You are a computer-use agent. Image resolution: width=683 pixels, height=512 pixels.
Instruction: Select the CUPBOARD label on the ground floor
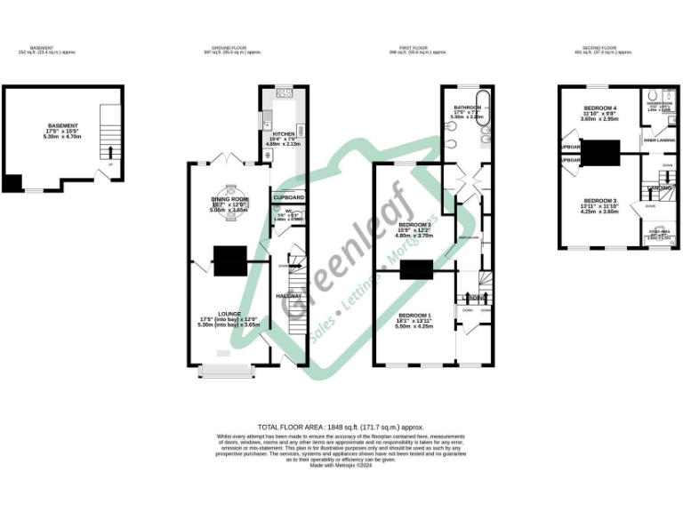(x=289, y=197)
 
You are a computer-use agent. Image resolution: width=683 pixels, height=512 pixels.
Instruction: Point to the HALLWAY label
(x=290, y=295)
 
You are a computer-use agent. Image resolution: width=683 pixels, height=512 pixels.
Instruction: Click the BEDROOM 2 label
(x=414, y=225)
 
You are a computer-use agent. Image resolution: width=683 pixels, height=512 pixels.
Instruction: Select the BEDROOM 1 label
(x=414, y=316)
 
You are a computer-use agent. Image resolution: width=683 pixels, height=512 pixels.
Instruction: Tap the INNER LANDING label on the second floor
(x=658, y=140)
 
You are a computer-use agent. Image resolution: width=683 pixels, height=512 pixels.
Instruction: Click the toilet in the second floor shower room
(x=653, y=97)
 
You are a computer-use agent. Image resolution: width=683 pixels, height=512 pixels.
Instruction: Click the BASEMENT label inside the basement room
(x=62, y=126)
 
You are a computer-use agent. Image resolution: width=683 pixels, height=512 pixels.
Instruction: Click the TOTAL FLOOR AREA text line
(x=341, y=427)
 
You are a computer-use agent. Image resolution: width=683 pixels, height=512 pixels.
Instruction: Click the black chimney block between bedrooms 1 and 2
(x=415, y=269)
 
